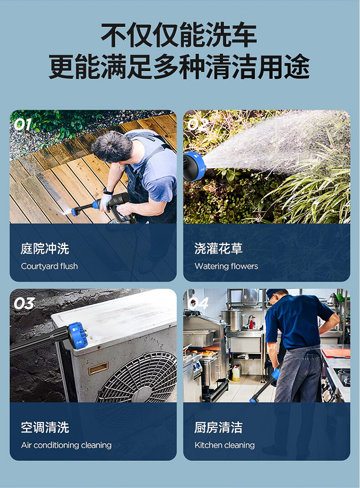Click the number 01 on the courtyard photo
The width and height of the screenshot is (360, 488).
click(x=23, y=124)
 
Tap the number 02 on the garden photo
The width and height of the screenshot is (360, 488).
click(x=197, y=124)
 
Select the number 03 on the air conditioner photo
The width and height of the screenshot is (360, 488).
click(x=24, y=304)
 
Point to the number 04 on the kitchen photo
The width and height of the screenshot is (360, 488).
click(x=198, y=304)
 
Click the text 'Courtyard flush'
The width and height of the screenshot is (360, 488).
click(x=49, y=266)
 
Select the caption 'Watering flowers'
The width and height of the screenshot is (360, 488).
click(x=226, y=266)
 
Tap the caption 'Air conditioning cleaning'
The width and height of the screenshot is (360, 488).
click(x=66, y=445)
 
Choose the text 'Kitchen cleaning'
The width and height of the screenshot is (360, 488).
click(x=225, y=445)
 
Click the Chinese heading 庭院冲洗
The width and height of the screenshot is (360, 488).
click(x=45, y=249)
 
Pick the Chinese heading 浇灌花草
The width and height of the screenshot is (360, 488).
click(x=218, y=249)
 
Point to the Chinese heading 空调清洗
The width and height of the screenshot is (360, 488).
click(x=45, y=427)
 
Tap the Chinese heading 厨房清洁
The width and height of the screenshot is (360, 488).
click(x=218, y=427)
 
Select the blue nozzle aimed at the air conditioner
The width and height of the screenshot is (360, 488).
click(x=76, y=337)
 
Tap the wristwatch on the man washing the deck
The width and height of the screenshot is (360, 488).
click(x=108, y=191)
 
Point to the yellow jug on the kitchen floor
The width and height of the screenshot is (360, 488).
click(x=236, y=373)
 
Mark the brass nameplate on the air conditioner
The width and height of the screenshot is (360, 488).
click(x=98, y=368)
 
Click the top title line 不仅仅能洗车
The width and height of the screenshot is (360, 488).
click(x=179, y=35)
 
